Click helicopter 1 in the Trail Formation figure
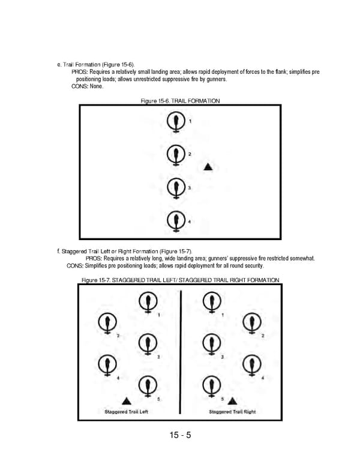[175, 123]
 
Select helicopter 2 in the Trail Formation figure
[175, 155]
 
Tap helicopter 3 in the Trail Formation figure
[175, 189]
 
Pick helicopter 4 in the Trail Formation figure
[175, 221]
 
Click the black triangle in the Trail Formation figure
[208, 167]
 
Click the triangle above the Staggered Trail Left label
[126, 401]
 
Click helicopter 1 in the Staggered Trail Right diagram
[211, 302]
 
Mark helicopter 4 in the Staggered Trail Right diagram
[251, 364]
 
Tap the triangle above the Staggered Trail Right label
[232, 401]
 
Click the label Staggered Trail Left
[127, 412]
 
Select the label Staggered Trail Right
[232, 412]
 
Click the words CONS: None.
[88, 86]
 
